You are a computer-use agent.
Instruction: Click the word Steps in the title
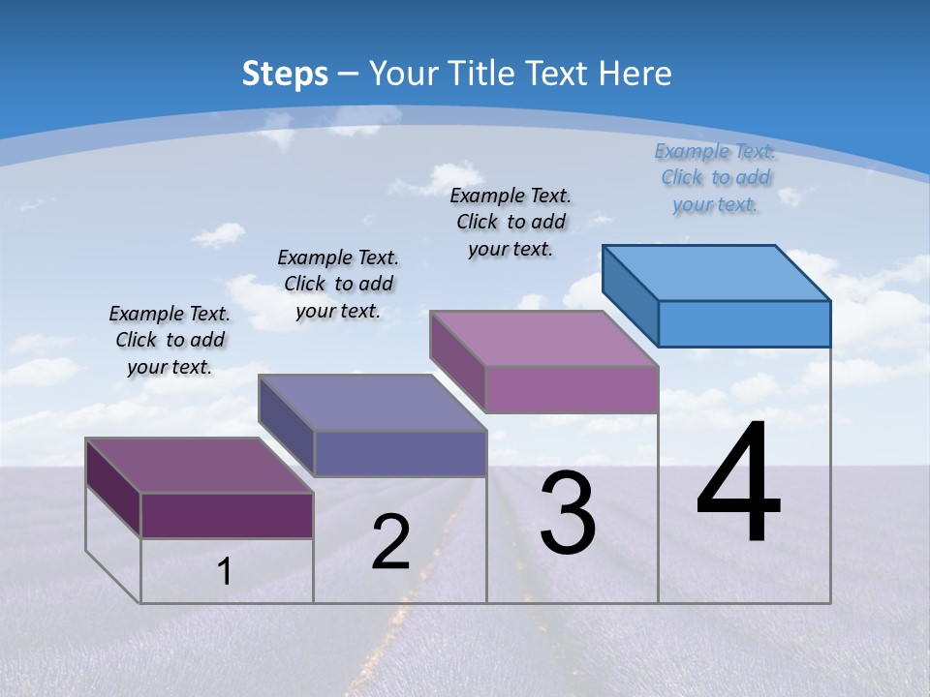[x=284, y=74]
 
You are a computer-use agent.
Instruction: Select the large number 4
[x=738, y=485]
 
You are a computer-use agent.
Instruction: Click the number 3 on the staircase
[x=567, y=513]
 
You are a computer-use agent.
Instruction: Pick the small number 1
[x=224, y=572]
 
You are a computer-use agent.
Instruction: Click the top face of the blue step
[x=717, y=272]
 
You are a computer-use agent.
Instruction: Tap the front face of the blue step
[x=744, y=323]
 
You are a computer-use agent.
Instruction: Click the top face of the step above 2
[x=372, y=402]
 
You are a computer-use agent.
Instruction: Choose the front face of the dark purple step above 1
[x=227, y=515]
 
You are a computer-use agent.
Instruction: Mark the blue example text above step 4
[x=715, y=178]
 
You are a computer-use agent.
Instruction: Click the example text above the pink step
[x=511, y=222]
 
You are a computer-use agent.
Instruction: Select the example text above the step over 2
[x=338, y=284]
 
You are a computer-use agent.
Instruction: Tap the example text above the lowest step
[x=170, y=340]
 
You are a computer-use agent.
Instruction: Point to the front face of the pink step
[x=572, y=389]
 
